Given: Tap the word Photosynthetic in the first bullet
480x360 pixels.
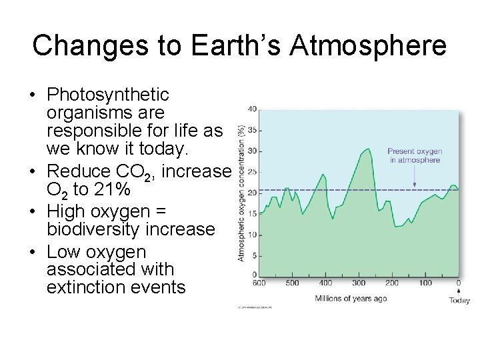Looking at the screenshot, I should (x=108, y=95).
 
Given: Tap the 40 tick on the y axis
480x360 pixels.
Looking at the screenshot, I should (x=252, y=109).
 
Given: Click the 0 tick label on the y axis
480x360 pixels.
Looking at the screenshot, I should (x=254, y=275).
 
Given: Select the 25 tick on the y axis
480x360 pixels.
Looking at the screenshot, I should (x=252, y=172).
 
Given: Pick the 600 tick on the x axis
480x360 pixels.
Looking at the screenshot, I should (x=259, y=283).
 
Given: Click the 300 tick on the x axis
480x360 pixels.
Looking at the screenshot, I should (x=359, y=283).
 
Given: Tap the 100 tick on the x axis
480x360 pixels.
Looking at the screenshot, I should (x=425, y=283).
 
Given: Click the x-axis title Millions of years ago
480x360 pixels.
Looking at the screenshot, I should (x=351, y=298).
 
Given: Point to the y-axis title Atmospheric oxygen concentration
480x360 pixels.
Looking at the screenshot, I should (x=241, y=193).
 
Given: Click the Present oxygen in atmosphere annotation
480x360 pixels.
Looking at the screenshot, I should (x=415, y=156).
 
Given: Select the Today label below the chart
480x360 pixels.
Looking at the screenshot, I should (x=459, y=301).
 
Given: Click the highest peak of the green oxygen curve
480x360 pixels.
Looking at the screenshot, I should (x=368, y=149).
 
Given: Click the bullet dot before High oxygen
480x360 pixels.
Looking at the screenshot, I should (x=33, y=212).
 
